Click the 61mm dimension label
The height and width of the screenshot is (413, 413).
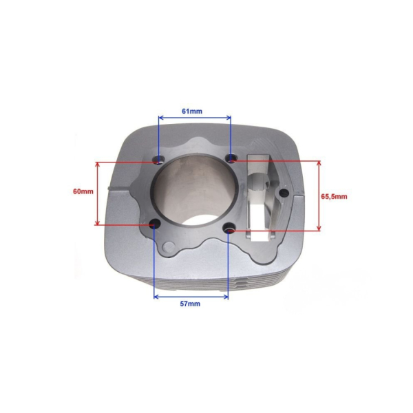(x=192, y=111)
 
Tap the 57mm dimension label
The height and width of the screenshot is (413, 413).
(x=190, y=304)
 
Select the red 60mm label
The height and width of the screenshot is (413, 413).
(x=83, y=191)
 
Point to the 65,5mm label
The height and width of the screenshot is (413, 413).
(x=334, y=196)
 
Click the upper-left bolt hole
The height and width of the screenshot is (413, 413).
(x=159, y=159)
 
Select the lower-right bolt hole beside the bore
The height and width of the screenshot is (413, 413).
(x=229, y=227)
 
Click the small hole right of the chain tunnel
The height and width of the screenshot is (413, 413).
(x=284, y=193)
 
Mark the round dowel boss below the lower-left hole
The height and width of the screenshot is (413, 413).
(x=168, y=247)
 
